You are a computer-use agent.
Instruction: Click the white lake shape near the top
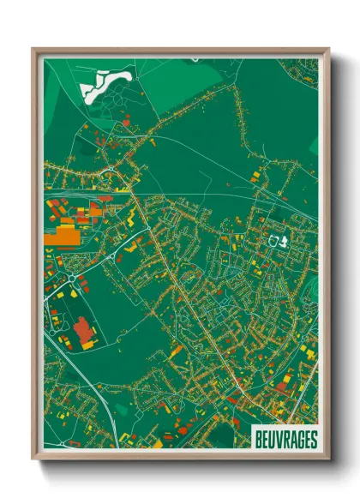102,84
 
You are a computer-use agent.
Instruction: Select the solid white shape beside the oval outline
286,241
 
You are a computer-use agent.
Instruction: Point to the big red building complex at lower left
83,331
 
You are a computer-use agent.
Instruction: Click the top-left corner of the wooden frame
33,49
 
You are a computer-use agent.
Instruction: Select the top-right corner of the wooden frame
328,49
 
